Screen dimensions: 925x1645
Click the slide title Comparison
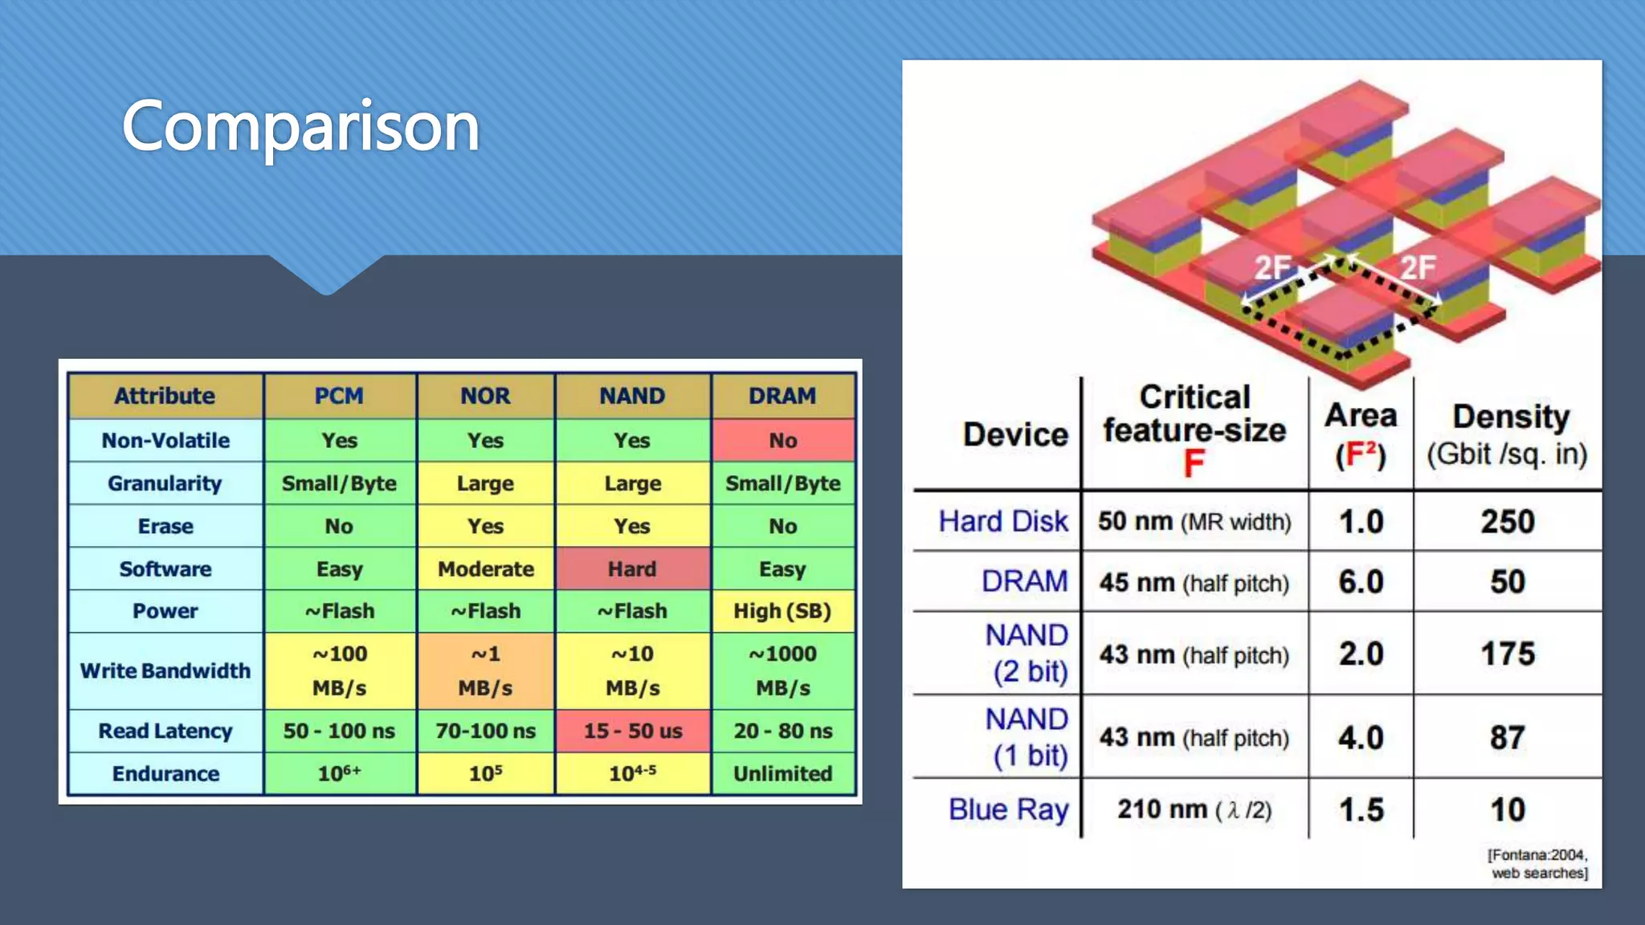300,126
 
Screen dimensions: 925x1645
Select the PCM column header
339,396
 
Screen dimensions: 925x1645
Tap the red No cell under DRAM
782,440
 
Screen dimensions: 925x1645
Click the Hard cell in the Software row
632,568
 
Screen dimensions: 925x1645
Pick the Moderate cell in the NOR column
485,568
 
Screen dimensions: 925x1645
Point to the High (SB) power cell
782,611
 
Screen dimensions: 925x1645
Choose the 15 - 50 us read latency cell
632,731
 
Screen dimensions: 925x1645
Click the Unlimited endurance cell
782,773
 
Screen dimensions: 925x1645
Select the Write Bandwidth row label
165,670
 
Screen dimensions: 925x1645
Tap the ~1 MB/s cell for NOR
485,670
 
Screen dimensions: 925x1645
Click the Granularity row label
165,483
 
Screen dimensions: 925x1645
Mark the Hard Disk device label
1003,521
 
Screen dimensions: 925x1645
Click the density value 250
1508,522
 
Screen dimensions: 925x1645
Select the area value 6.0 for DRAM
1361,581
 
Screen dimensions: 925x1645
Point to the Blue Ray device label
1008,809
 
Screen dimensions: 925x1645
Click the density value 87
1508,737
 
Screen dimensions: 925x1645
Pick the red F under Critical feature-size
1194,463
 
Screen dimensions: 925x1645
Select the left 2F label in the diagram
1273,267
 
